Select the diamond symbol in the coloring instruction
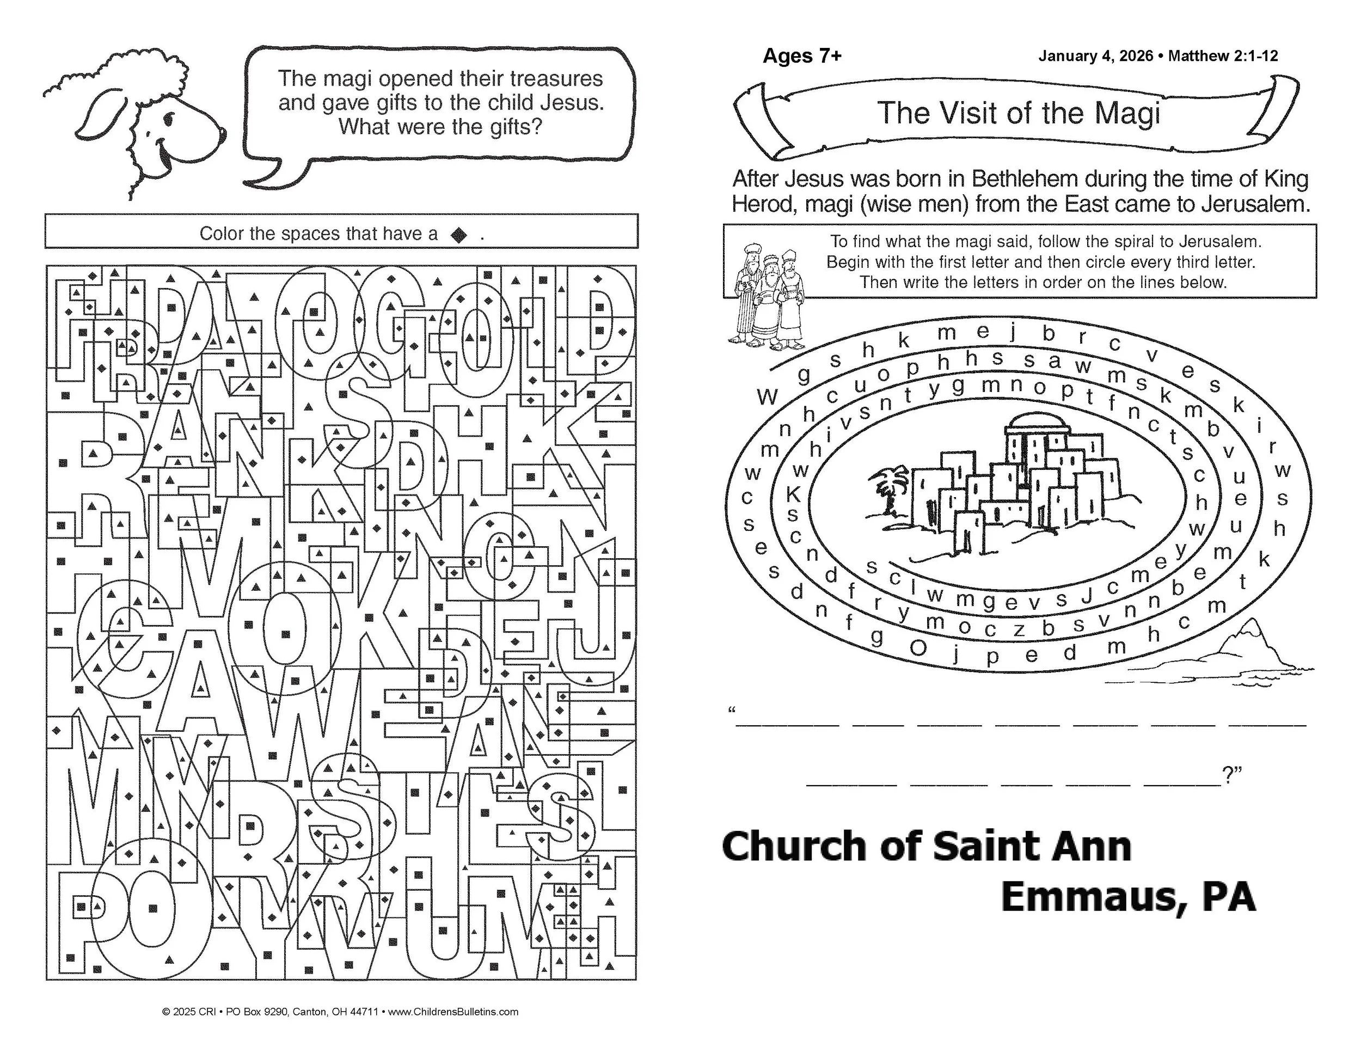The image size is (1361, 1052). pyautogui.click(x=459, y=234)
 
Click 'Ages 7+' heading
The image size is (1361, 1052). pyautogui.click(x=802, y=56)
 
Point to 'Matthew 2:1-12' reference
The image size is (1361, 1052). pyautogui.click(x=1223, y=56)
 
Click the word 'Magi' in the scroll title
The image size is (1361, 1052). pyautogui.click(x=1127, y=113)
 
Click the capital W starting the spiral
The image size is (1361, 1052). pyautogui.click(x=768, y=397)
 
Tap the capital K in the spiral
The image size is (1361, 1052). pyautogui.click(x=793, y=495)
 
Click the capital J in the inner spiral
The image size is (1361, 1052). pyautogui.click(x=1086, y=596)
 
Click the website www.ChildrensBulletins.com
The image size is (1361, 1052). pyautogui.click(x=453, y=1012)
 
